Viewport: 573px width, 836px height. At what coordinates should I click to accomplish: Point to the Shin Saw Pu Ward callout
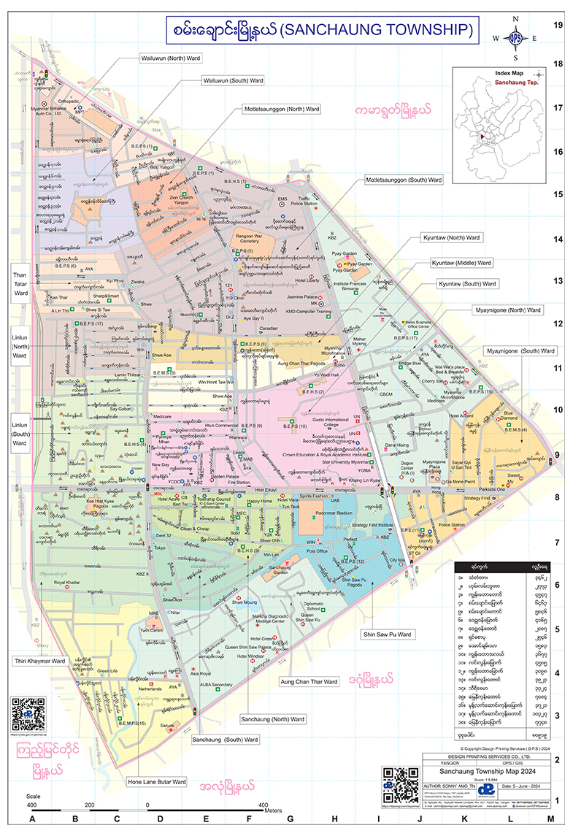coord(387,634)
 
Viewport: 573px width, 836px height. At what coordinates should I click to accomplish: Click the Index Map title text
coord(509,74)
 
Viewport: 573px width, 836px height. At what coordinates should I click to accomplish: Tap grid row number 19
coord(558,25)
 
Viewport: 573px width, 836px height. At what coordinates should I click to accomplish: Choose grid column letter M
coord(551,819)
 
